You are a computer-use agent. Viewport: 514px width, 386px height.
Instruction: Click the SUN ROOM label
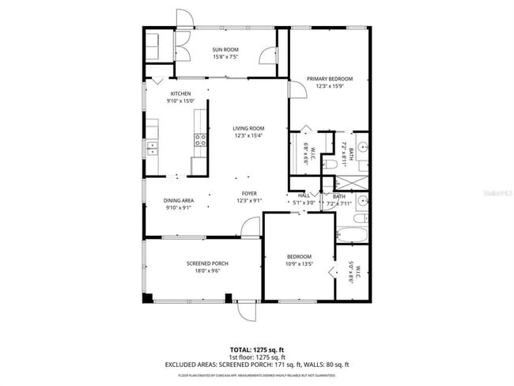coord(225,50)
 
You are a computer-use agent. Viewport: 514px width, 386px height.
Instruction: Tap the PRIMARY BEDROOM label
coord(330,79)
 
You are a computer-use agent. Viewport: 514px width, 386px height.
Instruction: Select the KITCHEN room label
coord(180,94)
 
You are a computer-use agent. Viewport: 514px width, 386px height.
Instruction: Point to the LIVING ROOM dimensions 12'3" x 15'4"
coord(248,136)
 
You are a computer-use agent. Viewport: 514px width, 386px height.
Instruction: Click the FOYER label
coord(249,193)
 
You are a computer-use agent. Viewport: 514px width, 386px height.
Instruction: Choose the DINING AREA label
coord(179,201)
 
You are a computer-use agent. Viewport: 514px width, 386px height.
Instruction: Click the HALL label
coord(304,195)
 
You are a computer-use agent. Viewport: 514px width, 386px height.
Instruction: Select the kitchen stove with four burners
coord(200,140)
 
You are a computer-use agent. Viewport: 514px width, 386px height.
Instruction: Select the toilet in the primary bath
coord(361,165)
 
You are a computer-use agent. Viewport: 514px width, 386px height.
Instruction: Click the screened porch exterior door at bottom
coord(246,312)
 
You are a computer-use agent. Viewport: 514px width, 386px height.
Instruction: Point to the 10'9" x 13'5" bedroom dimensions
coord(299,264)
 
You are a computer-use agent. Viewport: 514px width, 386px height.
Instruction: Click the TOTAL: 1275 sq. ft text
coord(257,349)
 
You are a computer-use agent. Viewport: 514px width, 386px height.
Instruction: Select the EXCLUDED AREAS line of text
coord(257,364)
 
